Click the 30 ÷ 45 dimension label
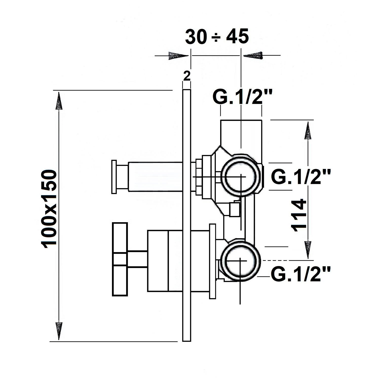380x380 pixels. pos(217,37)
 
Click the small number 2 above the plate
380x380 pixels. pos(186,76)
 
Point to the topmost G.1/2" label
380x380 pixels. pos(242,97)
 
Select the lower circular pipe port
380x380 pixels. pos(240,261)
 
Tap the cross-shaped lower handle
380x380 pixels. pos(120,259)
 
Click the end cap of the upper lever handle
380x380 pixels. pos(114,177)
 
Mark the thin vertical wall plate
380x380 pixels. pos(186,215)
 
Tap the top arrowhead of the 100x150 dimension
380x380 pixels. pos(59,101)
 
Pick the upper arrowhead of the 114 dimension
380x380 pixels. pos(308,131)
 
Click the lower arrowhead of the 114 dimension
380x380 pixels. pos(308,249)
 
